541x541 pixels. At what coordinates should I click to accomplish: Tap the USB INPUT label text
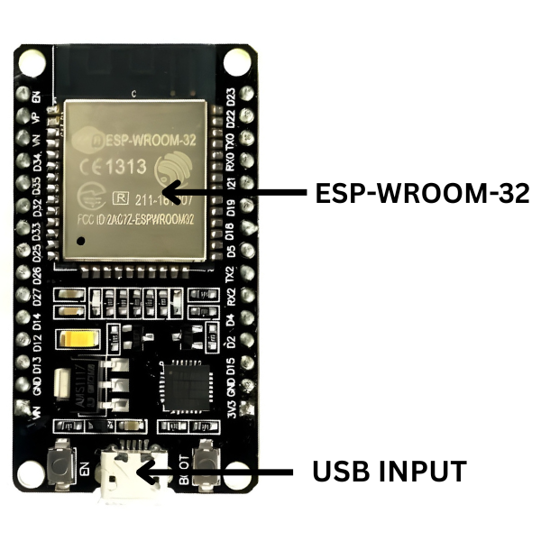[389, 471]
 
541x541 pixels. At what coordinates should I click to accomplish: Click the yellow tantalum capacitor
[74, 341]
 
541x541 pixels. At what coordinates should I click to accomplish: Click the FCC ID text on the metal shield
[135, 219]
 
